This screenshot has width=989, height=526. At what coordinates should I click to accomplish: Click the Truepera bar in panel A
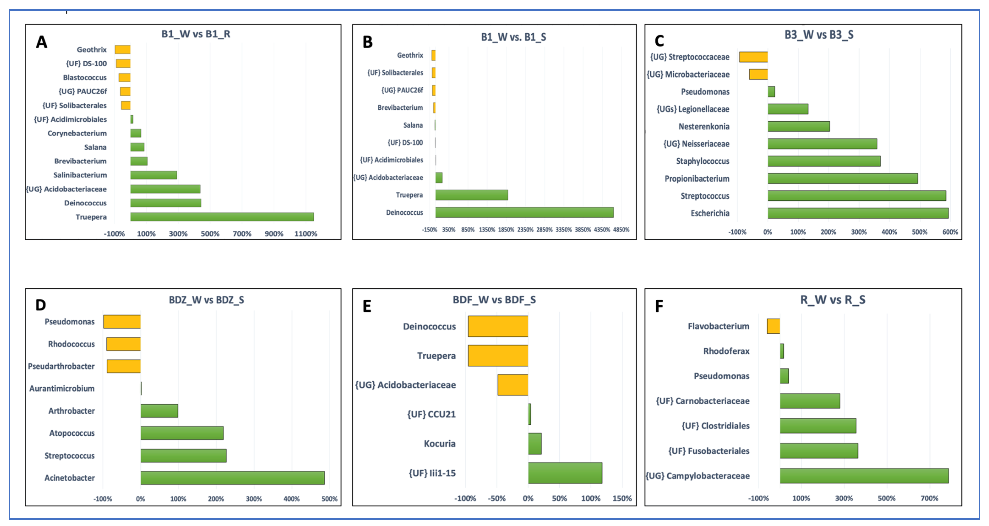click(x=222, y=217)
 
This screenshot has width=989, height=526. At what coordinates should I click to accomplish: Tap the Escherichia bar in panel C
click(x=858, y=213)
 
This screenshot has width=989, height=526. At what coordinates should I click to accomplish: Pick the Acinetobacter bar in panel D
click(x=232, y=478)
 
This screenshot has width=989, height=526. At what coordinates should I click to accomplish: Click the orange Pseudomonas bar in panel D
click(x=122, y=321)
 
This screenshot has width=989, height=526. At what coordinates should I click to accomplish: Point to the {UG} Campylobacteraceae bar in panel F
click(x=864, y=476)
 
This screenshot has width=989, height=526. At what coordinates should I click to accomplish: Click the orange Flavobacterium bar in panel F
click(x=773, y=326)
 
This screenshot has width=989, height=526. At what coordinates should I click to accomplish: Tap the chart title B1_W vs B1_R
click(x=196, y=34)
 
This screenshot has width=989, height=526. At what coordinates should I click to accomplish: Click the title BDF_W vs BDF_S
click(x=494, y=300)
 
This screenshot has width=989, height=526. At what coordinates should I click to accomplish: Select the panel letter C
click(x=659, y=41)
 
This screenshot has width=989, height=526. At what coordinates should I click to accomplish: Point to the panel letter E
click(x=367, y=306)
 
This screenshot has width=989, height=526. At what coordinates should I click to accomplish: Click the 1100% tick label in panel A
click(x=306, y=234)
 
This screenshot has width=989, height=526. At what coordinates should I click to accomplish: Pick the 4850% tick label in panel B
click(x=621, y=229)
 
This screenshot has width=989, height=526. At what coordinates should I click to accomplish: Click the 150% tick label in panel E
click(x=622, y=498)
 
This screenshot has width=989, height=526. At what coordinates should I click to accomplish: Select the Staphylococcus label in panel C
click(x=703, y=161)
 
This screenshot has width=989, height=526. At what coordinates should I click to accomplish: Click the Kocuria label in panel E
click(x=440, y=443)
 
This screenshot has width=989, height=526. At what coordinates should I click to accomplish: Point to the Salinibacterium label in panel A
click(x=80, y=175)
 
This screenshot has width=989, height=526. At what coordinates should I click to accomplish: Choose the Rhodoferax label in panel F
click(x=726, y=351)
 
